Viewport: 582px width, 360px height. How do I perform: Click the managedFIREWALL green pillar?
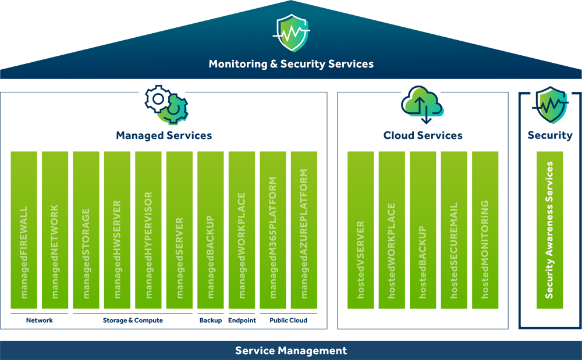tap(24, 230)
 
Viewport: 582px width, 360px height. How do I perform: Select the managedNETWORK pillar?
tap(55, 230)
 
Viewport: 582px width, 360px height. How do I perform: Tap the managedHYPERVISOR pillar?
tap(148, 230)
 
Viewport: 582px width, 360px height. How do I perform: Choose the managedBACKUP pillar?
tap(211, 230)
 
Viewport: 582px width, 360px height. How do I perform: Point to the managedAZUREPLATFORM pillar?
tap(304, 230)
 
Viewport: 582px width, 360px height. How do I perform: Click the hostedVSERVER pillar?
tap(361, 230)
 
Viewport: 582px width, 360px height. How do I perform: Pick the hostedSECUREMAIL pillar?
tap(454, 230)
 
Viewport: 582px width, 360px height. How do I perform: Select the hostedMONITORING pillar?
tap(485, 230)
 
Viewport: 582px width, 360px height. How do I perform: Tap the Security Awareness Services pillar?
tap(549, 230)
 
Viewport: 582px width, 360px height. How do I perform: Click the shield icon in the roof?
tap(291, 34)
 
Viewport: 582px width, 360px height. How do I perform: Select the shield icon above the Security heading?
tap(550, 105)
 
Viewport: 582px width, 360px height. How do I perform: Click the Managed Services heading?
tap(164, 136)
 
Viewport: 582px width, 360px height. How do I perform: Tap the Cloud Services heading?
tap(423, 136)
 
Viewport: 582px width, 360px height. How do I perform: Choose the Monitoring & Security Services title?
tap(291, 64)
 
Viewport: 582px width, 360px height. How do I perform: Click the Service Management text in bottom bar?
tap(291, 351)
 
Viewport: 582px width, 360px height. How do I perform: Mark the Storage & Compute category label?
tap(133, 320)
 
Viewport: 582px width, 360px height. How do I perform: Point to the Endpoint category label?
tap(242, 320)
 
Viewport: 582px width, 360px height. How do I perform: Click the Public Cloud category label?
tap(288, 320)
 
